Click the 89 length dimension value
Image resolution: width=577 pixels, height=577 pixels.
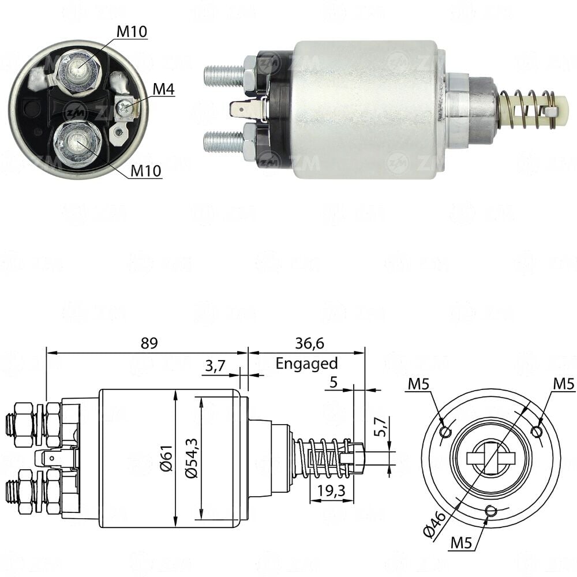click(149, 343)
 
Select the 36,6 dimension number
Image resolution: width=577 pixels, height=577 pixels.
click(309, 343)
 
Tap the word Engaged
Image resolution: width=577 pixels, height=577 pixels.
click(306, 364)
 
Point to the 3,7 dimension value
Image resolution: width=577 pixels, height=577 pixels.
click(215, 366)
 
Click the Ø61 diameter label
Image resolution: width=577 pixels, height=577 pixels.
click(166, 458)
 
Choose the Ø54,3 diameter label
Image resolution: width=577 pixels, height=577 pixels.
click(192, 458)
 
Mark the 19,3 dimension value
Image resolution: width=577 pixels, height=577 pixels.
click(332, 490)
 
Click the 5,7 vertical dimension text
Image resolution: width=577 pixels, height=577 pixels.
click(381, 426)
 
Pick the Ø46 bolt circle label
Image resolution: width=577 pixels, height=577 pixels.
click(435, 524)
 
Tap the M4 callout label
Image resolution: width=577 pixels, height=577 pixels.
click(163, 89)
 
